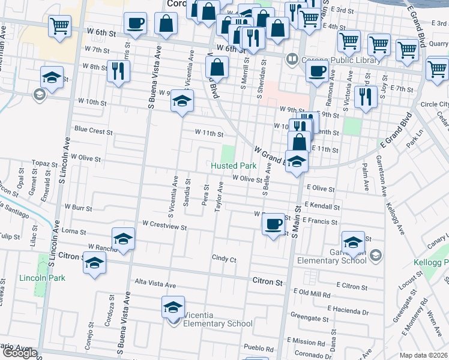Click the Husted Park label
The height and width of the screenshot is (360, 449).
pos(234,166)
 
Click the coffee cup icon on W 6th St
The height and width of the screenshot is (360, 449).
pos(135,24)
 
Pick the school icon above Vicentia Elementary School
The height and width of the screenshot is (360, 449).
pos(172,307)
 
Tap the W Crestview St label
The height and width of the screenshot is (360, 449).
pos(165,227)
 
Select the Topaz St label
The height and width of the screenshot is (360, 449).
pos(44,163)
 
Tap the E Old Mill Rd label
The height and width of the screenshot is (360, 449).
pos(312,293)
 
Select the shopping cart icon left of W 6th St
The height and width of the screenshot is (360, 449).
pos(59,26)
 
